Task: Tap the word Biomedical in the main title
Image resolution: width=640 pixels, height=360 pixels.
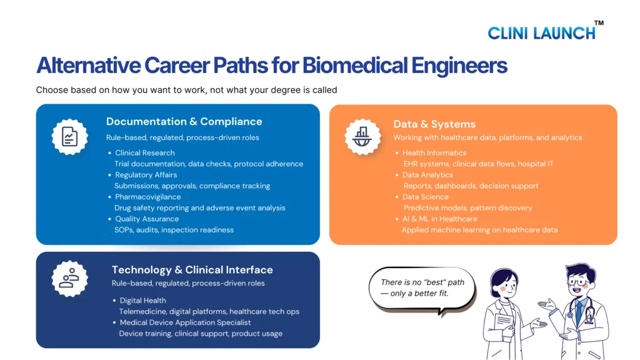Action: coord(355,65)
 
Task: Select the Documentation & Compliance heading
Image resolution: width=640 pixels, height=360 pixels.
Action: coord(184,122)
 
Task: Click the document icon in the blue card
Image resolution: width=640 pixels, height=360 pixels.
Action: coord(70,137)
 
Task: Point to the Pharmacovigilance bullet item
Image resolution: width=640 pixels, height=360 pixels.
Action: coord(147,197)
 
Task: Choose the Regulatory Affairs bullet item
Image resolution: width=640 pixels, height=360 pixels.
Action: coord(146,175)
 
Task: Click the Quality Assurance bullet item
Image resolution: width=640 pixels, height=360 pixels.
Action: coord(147,219)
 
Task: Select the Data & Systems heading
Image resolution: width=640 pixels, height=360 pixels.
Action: coord(434,124)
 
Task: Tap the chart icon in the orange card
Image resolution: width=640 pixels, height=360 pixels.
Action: coord(362,137)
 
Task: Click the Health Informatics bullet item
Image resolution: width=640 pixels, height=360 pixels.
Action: coord(434,152)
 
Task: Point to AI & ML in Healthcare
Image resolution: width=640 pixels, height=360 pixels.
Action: coord(439,219)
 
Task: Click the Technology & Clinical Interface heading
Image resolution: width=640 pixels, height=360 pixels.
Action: coord(192,270)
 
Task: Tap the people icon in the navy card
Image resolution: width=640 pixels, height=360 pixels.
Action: coord(69,279)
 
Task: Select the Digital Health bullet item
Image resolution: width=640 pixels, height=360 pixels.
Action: coord(143,301)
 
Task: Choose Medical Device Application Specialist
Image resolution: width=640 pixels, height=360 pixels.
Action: coord(185,322)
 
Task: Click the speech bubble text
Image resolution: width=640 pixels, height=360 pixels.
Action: coord(422,287)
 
